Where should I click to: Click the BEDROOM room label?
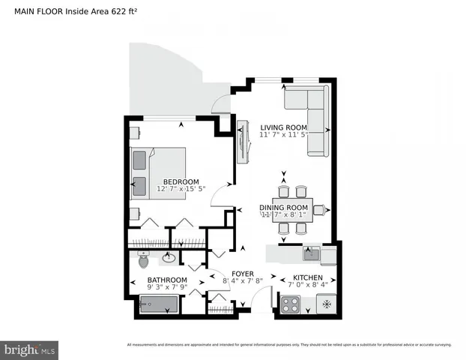tap(181, 181)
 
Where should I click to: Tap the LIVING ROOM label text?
tap(283, 127)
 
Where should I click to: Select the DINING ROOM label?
tap(283, 207)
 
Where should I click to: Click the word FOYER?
tap(242, 274)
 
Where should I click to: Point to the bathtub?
tap(159, 304)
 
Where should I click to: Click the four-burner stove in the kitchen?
tap(289, 304)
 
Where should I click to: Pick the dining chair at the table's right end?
tap(319, 210)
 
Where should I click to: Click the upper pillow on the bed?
tap(139, 160)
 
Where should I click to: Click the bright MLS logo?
tap(30, 349)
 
